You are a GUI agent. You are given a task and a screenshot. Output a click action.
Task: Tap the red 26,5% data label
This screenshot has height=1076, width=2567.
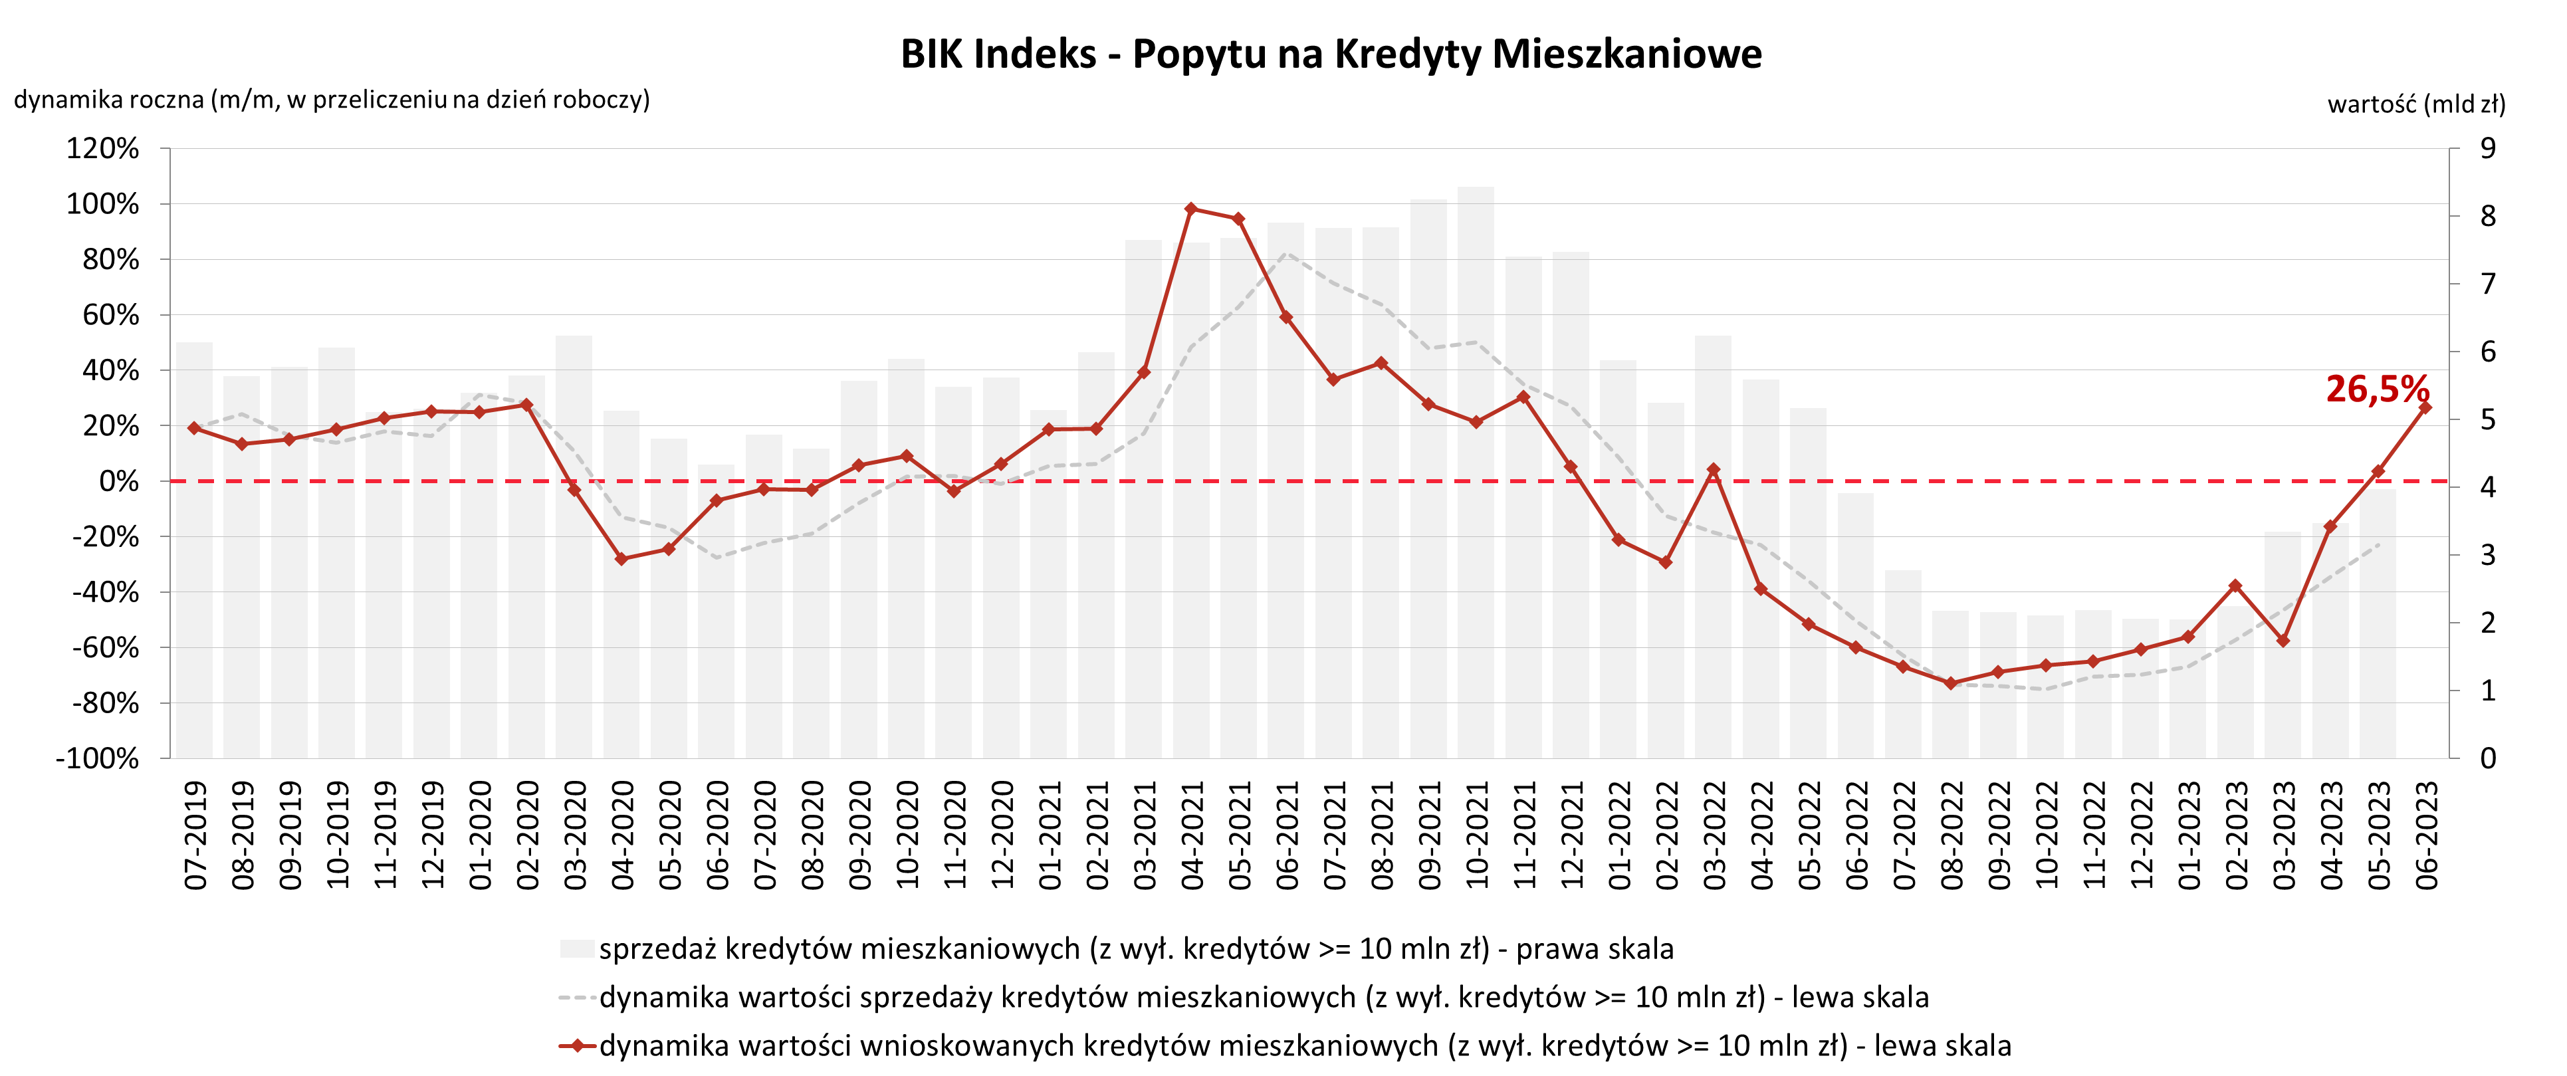tap(2377, 389)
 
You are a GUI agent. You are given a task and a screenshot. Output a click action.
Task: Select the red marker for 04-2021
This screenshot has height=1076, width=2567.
tap(1191, 208)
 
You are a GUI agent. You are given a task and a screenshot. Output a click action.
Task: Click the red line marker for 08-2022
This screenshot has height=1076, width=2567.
tap(1951, 683)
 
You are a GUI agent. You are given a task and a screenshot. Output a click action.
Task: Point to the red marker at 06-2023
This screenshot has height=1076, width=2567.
tap(2425, 407)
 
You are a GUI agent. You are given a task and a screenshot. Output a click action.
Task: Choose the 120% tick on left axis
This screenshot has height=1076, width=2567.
tap(102, 148)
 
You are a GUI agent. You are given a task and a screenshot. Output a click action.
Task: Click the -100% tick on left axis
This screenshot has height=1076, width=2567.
tap(98, 758)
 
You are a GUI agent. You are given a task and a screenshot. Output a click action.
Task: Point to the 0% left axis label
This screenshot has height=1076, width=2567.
tap(118, 481)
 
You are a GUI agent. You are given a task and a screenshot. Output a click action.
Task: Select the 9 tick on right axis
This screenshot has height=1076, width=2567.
tap(2489, 148)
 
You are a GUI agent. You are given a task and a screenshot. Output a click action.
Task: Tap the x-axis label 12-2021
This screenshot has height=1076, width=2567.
tap(1571, 835)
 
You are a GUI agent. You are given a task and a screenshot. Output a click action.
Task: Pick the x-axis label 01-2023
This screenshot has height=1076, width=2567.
tap(2188, 835)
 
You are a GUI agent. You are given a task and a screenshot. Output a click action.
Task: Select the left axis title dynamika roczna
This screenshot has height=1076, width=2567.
tap(332, 100)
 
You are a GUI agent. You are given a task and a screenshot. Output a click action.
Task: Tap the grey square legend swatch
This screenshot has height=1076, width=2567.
tap(577, 948)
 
